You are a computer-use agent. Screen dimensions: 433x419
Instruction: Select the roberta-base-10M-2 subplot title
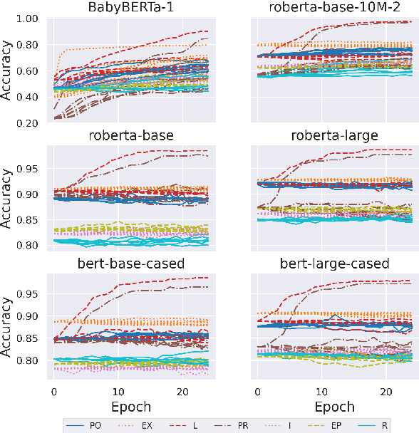tap(329, 9)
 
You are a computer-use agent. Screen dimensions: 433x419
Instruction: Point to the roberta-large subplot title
tap(329, 136)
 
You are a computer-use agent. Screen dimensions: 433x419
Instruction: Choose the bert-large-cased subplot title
tap(329, 264)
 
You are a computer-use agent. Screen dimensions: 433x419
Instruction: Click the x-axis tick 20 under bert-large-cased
tap(384, 391)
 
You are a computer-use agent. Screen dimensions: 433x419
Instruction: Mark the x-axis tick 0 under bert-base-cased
tap(53, 391)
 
